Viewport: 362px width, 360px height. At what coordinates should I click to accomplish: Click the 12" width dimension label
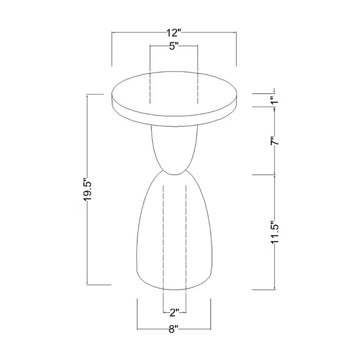[x=174, y=33]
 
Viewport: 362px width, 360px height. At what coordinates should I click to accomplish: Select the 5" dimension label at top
[x=174, y=46]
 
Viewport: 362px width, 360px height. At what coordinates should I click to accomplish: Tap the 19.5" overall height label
[x=88, y=189]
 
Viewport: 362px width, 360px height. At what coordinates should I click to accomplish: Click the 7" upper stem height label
[x=275, y=141]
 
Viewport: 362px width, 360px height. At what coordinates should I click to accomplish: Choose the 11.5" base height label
[x=275, y=232]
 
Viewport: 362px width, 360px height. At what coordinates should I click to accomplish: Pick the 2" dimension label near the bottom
[x=174, y=313]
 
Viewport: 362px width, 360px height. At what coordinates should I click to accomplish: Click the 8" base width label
[x=174, y=329]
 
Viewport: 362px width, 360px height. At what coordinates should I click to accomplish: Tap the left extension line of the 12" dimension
[x=112, y=49]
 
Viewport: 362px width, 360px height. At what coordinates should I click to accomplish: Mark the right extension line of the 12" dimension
[x=236, y=49]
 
